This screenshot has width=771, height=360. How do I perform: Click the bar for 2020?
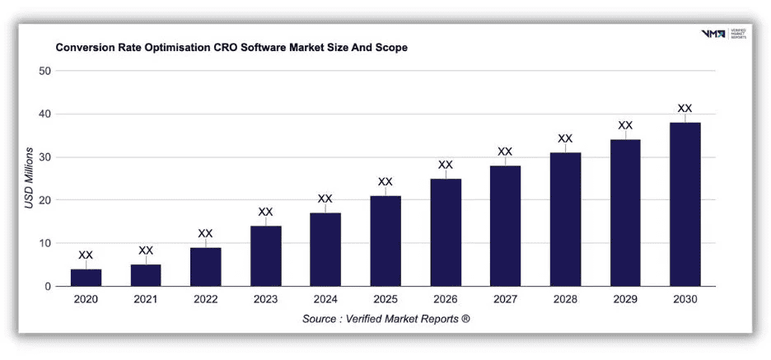[86, 278]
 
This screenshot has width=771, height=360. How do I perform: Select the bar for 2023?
[265, 256]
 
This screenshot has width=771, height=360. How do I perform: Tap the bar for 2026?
[445, 232]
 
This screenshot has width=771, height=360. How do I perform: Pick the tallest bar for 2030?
[685, 204]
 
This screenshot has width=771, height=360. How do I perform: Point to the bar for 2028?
[565, 219]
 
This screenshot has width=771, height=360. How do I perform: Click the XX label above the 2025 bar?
[385, 182]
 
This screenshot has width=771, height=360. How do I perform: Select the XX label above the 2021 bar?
[146, 250]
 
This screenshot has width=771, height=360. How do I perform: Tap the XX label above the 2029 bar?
[625, 126]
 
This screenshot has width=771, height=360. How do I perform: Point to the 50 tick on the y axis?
[45, 71]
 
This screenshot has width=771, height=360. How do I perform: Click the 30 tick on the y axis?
[45, 157]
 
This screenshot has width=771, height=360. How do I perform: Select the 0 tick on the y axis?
[49, 287]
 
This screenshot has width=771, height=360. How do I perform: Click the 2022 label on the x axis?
[205, 300]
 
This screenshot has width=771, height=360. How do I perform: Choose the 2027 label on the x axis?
[505, 300]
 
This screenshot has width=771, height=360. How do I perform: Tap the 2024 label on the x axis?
[325, 300]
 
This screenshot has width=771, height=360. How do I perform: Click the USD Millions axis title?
[29, 178]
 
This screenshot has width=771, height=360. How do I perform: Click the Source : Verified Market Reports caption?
[385, 319]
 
